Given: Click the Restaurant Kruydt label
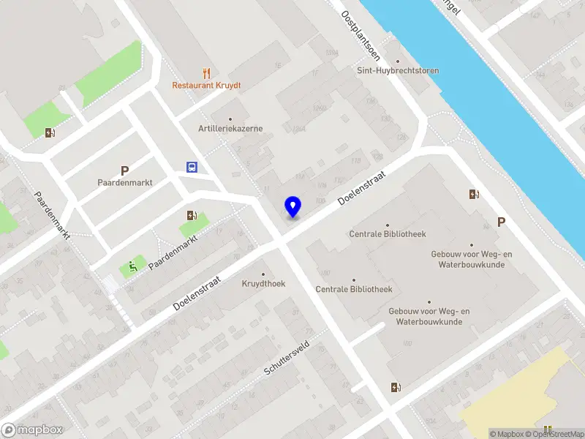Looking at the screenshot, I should (206, 85).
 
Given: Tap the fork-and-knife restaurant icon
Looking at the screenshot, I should (207, 72).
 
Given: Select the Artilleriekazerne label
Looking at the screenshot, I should (230, 129).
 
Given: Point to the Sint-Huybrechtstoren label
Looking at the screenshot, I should (398, 71).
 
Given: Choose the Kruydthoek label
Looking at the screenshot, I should (263, 283).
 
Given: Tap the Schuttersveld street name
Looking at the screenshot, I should (287, 358).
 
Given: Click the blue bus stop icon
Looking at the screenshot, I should (192, 167).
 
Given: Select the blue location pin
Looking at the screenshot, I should (293, 206).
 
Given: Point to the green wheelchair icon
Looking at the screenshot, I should (133, 266).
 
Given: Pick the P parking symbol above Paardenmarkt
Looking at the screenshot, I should (124, 170).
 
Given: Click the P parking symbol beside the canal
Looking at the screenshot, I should (501, 222).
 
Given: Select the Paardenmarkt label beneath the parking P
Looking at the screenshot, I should (125, 183).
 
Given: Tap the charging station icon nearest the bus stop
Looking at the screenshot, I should (192, 215).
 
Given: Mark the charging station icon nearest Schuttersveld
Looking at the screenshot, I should (396, 388).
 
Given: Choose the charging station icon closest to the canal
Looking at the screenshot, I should (475, 194).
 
